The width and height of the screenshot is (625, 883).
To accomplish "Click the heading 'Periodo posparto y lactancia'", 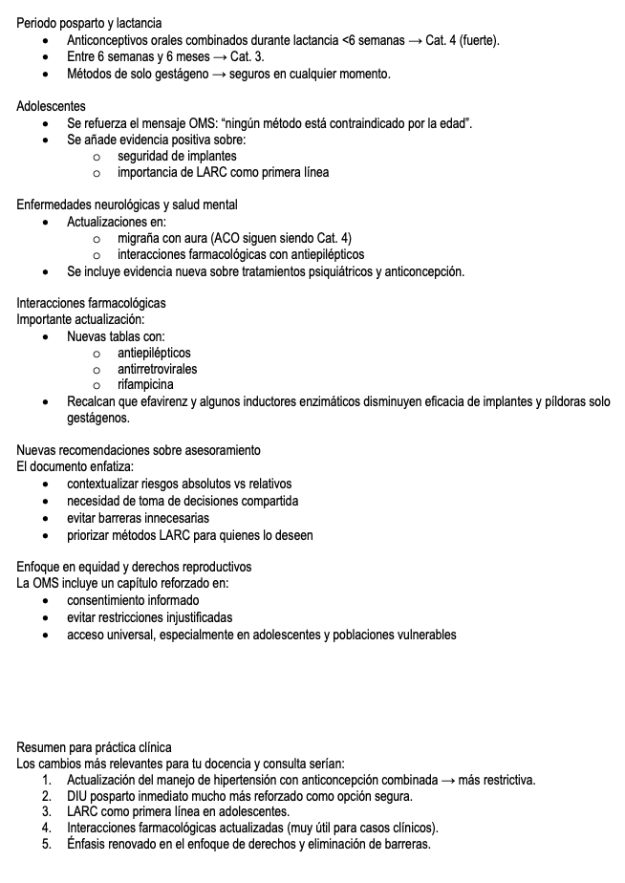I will (x=89, y=23).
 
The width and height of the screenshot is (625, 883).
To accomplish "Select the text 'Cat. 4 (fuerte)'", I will (x=460, y=40).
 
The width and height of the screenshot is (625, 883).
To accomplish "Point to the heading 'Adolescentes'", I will (x=51, y=106).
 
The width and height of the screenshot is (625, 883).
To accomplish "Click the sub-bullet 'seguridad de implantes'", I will (x=177, y=156).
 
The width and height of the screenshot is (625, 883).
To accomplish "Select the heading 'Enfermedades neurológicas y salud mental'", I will (x=127, y=205).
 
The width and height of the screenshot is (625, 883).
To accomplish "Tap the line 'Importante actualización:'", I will (x=80, y=319).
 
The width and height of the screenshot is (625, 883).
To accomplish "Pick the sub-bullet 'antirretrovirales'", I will (x=158, y=369).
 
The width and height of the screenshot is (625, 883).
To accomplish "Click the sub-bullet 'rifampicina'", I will (x=145, y=385).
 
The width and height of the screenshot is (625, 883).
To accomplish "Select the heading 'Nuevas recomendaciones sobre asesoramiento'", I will (x=139, y=450).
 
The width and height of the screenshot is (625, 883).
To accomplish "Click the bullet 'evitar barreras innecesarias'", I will (x=138, y=518).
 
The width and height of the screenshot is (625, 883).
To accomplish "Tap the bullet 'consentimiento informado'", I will (x=133, y=600).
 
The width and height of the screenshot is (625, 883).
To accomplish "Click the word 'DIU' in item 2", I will (x=76, y=796).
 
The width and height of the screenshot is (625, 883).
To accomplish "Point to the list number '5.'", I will (x=47, y=845).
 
